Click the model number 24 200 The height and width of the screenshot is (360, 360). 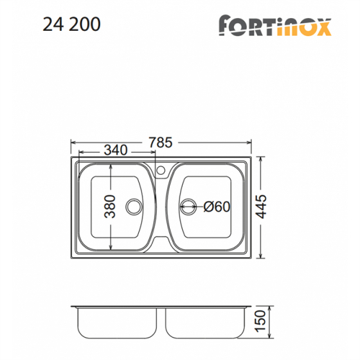tap(71, 24)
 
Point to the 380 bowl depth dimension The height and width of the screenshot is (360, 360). tap(110, 206)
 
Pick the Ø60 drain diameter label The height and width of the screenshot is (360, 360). tap(217, 207)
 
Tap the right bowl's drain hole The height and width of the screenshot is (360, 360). tap(188, 207)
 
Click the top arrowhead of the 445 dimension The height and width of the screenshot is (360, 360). tap(260, 158)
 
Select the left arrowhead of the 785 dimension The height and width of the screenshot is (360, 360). tap(72, 143)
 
